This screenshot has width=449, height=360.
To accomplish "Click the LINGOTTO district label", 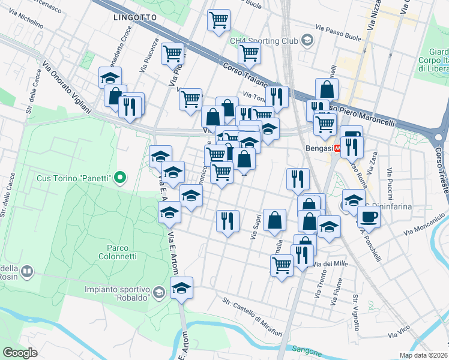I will point(135,18).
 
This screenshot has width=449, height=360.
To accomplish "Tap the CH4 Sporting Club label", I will point(264,41).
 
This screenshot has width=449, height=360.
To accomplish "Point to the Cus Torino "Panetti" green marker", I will point(120,177).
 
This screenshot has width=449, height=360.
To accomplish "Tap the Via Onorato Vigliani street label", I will point(67,86).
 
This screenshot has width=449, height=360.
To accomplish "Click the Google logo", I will point(20,353).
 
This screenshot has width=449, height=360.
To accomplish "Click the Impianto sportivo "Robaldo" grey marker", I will point(158,293).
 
